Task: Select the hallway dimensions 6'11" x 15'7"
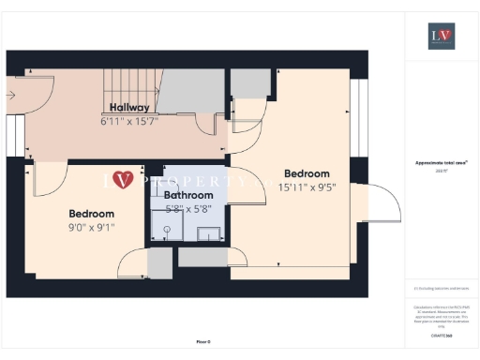[129, 121]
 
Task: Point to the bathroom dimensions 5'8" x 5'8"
[189, 209]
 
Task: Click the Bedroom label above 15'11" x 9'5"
[307, 173]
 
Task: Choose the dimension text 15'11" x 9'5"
[307, 187]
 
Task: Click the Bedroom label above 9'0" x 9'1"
[91, 214]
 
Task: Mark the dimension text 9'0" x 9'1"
[91, 227]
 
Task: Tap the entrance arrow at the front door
[11, 94]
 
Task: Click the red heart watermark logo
[122, 179]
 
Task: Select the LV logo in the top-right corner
[441, 37]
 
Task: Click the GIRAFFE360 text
[441, 335]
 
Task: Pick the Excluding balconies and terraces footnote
[441, 289]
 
